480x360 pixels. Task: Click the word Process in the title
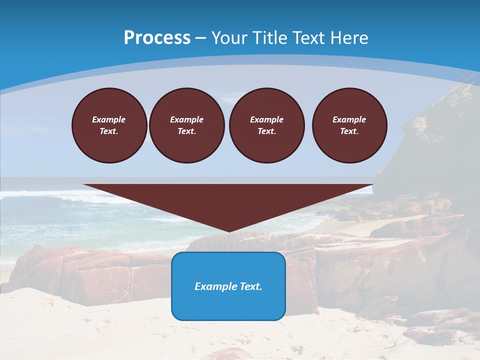157,38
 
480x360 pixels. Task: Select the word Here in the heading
349,38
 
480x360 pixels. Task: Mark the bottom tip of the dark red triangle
229,231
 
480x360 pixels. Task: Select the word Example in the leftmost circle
109,119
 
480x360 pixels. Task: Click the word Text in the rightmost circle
349,131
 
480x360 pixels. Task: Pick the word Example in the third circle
266,119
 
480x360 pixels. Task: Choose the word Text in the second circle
186,131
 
